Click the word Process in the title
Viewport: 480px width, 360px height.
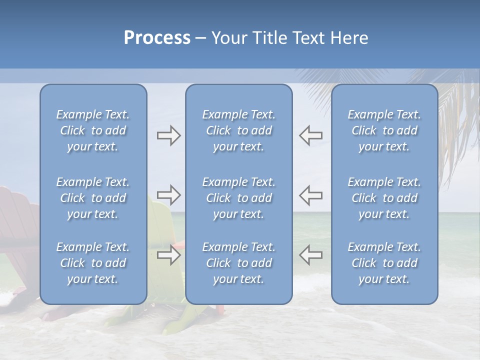[x=157, y=38]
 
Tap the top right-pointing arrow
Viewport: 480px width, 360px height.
[x=168, y=135]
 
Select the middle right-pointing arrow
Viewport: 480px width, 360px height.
[x=168, y=195]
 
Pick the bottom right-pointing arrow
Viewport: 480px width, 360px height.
[x=168, y=255]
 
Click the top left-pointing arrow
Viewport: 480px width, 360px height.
[x=311, y=135]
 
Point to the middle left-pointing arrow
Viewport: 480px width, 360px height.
[x=311, y=195]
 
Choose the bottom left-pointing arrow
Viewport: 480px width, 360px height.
[x=311, y=255]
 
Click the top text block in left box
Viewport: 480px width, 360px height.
[x=93, y=130]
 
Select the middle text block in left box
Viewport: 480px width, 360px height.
[x=93, y=198]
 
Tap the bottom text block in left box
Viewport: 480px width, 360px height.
[x=93, y=263]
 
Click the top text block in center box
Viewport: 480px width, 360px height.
[x=239, y=130]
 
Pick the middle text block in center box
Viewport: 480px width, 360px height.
[x=239, y=198]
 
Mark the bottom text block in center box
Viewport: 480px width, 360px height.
[x=239, y=263]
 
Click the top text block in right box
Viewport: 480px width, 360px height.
[x=384, y=130]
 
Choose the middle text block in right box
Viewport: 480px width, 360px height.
[x=384, y=198]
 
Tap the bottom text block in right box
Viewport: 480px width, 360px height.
[x=384, y=263]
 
